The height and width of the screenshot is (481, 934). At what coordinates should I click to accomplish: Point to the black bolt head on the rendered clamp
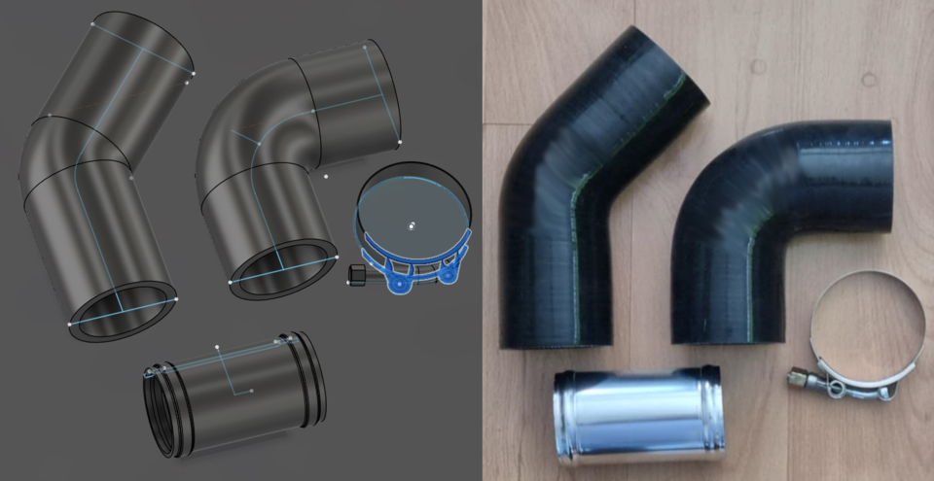click(x=357, y=275)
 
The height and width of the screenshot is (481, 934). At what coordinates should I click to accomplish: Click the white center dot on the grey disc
click(x=411, y=224)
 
